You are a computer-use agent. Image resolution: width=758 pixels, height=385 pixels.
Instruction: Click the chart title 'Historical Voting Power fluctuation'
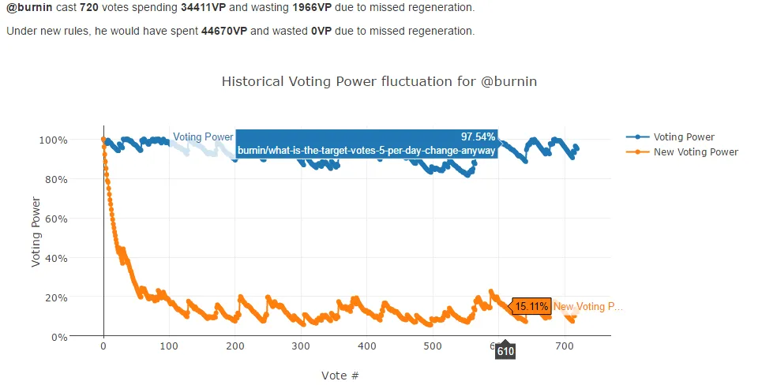pos(379,81)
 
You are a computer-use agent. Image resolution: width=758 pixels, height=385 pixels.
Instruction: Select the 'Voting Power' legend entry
pos(684,136)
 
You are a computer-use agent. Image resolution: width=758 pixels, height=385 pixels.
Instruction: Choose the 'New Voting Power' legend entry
pos(696,151)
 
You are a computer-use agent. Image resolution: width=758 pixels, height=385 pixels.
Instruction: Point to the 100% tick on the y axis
pos(54,140)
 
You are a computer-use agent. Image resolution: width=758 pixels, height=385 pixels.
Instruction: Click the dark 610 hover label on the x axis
pos(505,352)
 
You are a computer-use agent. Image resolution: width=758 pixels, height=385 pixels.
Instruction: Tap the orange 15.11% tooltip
pos(531,306)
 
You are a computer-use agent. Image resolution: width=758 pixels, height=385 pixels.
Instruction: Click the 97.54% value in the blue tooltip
pos(478,136)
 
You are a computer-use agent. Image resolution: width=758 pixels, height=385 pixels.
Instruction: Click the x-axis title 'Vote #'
pos(340,375)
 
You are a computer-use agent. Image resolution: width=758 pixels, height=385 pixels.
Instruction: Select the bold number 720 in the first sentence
pos(89,8)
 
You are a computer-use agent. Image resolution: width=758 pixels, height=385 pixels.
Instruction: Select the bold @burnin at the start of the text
pos(28,8)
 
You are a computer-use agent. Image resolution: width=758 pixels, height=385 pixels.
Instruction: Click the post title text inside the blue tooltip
pos(366,150)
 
